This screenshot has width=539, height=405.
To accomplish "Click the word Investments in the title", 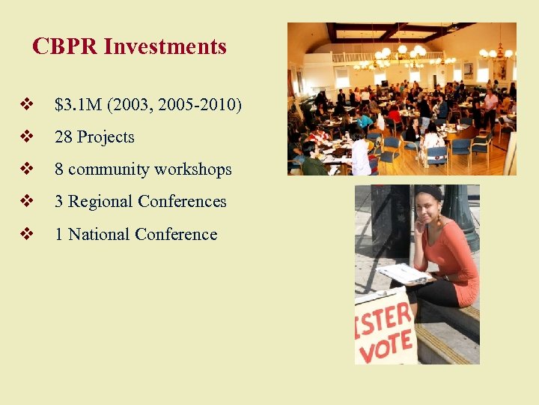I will pyautogui.click(x=165, y=46).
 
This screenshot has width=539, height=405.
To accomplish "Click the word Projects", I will pyautogui.click(x=106, y=137).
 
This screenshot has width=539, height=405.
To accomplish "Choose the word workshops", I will pyautogui.click(x=193, y=169).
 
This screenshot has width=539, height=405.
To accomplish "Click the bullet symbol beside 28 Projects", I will pyautogui.click(x=28, y=137).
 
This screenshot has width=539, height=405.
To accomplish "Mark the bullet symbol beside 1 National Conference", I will pyautogui.click(x=28, y=235).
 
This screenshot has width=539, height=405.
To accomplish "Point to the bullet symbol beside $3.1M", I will pyautogui.click(x=28, y=104).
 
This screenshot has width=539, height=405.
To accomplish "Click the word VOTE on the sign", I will pyautogui.click(x=385, y=346).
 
